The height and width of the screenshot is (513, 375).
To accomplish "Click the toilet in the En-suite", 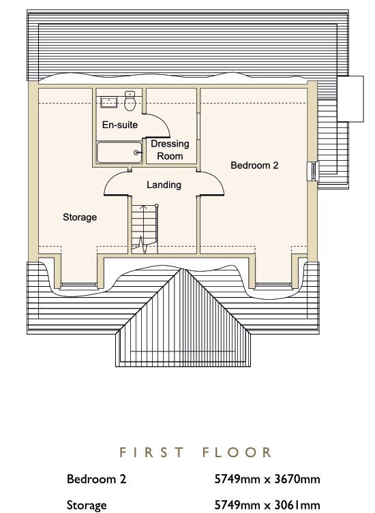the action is click(130, 101).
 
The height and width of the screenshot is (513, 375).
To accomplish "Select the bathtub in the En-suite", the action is click(119, 153).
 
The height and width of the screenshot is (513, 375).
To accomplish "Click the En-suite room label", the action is click(120, 125).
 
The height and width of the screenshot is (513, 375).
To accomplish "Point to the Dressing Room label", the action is click(170, 150).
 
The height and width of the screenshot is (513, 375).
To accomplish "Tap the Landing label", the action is click(164, 185).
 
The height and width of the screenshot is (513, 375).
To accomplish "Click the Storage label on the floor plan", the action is click(80, 217).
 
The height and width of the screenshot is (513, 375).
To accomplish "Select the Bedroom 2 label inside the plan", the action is click(254, 166).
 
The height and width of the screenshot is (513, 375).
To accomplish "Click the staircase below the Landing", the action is click(145, 229).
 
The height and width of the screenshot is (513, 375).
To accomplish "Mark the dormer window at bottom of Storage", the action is click(79, 285).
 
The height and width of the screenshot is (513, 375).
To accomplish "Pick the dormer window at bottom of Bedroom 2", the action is click(273, 285).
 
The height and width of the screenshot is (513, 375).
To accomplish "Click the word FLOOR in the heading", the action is click(237, 452).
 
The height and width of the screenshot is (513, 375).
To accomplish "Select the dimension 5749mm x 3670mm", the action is click(267, 480).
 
